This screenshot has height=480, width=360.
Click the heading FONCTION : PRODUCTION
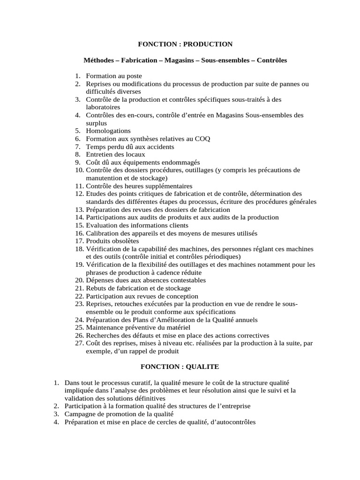pos(185,44)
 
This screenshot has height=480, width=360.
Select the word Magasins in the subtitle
pos(183,60)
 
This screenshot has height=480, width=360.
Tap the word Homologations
pos(108,131)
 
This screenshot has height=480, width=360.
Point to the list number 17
pos(79,241)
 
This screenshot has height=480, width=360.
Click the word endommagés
pos(167,162)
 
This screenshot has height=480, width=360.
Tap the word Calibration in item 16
pos(102,233)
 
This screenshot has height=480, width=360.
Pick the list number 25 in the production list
pos(79,328)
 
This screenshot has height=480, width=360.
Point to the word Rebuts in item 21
pos(97,288)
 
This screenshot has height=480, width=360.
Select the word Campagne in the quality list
pos(80,414)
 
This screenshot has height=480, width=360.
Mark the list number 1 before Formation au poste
pos(77,76)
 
